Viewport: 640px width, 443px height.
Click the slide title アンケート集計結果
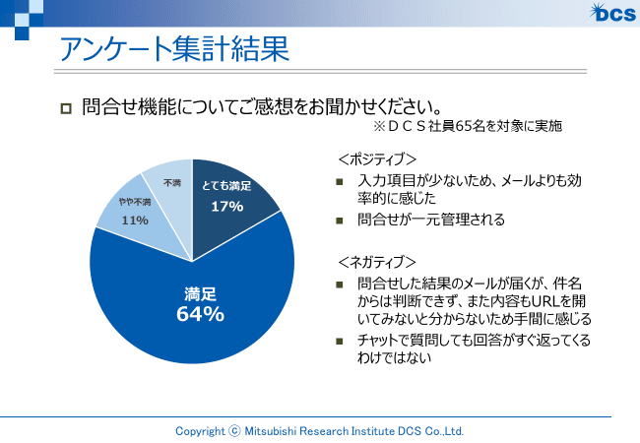click(x=173, y=48)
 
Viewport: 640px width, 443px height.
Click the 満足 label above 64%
click(x=200, y=293)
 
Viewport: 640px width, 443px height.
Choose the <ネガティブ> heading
click(x=377, y=262)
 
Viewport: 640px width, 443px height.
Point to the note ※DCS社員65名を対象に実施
click(x=468, y=127)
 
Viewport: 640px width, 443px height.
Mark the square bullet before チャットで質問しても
click(x=340, y=342)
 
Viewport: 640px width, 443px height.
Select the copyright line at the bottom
click(x=319, y=431)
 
